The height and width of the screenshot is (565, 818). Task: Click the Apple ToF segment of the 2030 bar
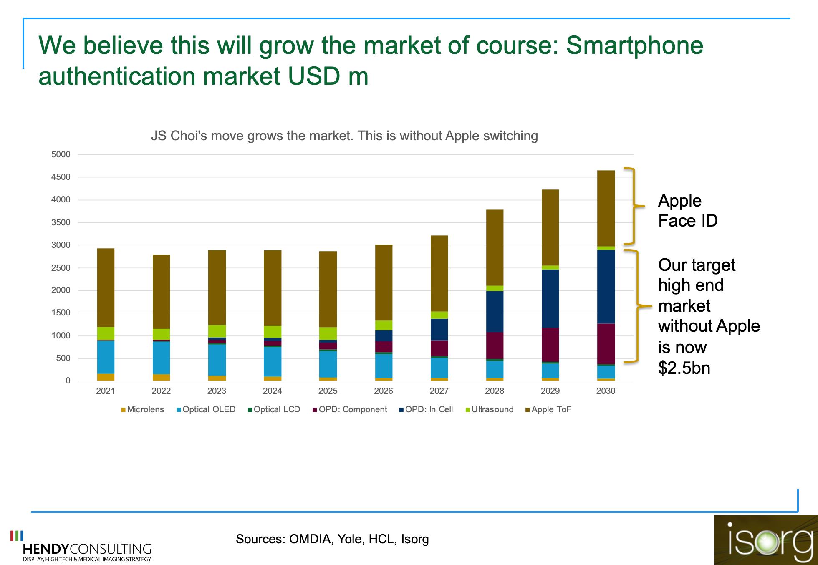point(606,208)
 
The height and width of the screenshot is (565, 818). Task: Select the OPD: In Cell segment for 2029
point(550,298)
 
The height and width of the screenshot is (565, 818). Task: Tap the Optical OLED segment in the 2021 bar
point(106,357)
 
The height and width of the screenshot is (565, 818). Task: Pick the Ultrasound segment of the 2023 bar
point(217,331)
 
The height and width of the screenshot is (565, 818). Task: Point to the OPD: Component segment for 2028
point(495,346)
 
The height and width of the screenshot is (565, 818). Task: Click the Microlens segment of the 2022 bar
point(161,377)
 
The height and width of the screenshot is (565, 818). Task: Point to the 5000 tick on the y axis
point(61,154)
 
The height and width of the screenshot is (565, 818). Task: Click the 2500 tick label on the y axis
point(61,268)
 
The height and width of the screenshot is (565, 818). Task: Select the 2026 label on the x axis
point(383,391)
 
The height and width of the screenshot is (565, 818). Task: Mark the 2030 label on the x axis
point(606,391)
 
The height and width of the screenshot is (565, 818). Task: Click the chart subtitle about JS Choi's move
point(344,136)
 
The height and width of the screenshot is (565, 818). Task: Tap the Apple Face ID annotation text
point(687,211)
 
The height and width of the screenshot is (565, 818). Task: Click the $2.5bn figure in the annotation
point(684,368)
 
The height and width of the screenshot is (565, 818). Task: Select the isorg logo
point(766,540)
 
